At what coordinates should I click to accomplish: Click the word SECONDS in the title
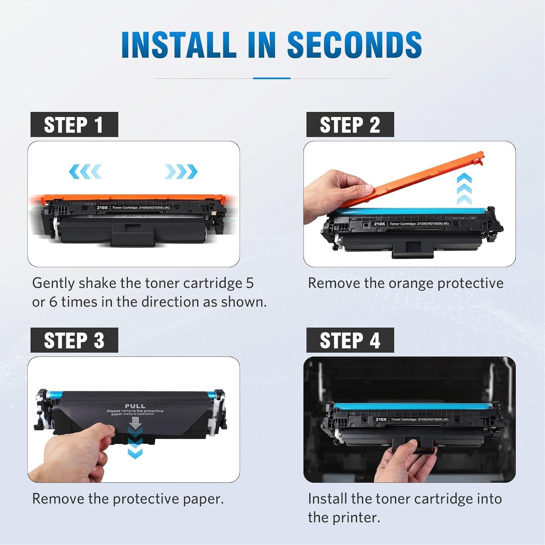(354, 45)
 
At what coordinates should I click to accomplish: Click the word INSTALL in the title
(178, 45)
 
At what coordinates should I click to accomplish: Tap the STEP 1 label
(74, 125)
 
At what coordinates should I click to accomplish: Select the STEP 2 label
(350, 125)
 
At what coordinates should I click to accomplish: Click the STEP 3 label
(74, 340)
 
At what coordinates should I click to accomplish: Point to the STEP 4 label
(350, 340)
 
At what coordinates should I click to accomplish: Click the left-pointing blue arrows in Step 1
(85, 172)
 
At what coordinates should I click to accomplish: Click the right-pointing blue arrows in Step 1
(181, 172)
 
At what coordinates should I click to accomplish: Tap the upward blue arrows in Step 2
(464, 189)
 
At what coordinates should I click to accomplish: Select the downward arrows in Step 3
(135, 441)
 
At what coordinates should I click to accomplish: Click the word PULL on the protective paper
(135, 406)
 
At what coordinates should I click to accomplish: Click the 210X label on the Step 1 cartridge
(102, 207)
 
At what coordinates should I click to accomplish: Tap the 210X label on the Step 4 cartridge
(381, 419)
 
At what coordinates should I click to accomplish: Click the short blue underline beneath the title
(272, 78)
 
